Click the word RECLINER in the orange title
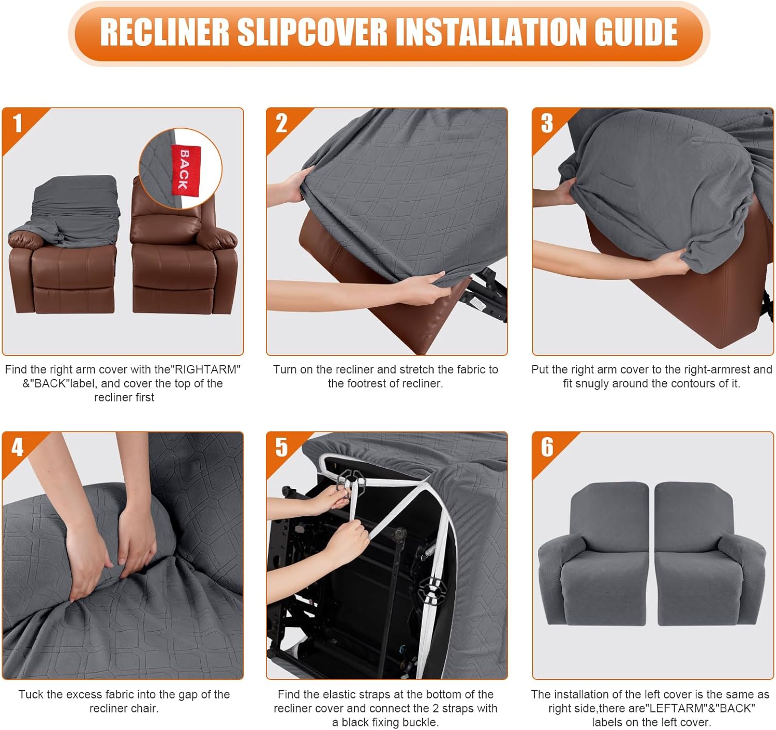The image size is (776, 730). point(164,32)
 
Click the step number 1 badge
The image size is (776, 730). point(18,124)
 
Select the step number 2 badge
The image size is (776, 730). point(281,124)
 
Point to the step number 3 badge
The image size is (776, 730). point(547,124)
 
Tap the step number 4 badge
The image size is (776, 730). point(18,447)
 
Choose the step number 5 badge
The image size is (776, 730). point(281,447)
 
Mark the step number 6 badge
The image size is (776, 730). point(547,447)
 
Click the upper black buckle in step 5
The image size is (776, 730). point(352,481)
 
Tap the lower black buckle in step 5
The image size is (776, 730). point(431,590)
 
